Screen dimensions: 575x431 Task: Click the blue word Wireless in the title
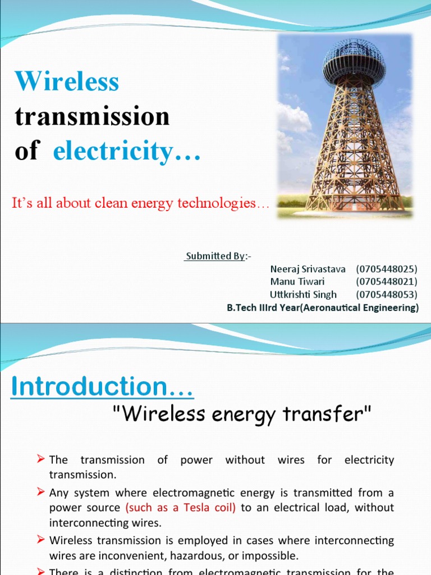pos(67,82)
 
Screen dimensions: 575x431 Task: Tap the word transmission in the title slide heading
pos(92,117)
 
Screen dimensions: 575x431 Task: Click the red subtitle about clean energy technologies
pos(140,203)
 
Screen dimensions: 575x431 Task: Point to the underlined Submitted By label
pos(215,256)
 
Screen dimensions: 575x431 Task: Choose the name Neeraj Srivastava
pos(308,269)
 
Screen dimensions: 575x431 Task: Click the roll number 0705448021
pos(387,281)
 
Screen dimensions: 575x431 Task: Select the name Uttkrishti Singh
pos(304,294)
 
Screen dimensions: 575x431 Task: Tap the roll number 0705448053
pos(387,294)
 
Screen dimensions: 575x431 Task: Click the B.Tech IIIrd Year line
pos(323,308)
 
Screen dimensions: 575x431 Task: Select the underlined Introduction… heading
pos(103,387)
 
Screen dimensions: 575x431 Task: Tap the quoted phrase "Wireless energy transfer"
pos(242,414)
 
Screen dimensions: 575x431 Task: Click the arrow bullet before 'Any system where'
pos(41,492)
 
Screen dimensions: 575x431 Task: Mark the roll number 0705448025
pos(387,269)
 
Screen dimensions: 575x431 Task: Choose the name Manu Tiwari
pos(297,281)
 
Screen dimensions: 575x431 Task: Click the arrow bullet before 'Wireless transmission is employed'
pos(41,540)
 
